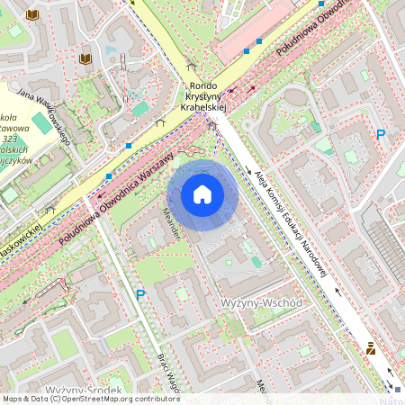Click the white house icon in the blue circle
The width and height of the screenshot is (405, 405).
click(x=202, y=194)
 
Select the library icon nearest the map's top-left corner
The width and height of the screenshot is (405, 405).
click(x=33, y=15)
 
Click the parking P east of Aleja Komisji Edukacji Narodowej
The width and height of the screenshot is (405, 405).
click(x=381, y=134)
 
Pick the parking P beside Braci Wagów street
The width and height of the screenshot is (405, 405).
click(x=139, y=294)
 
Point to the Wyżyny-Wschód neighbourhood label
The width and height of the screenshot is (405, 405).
click(x=261, y=302)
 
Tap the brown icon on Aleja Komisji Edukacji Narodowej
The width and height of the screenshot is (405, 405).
click(x=370, y=348)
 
